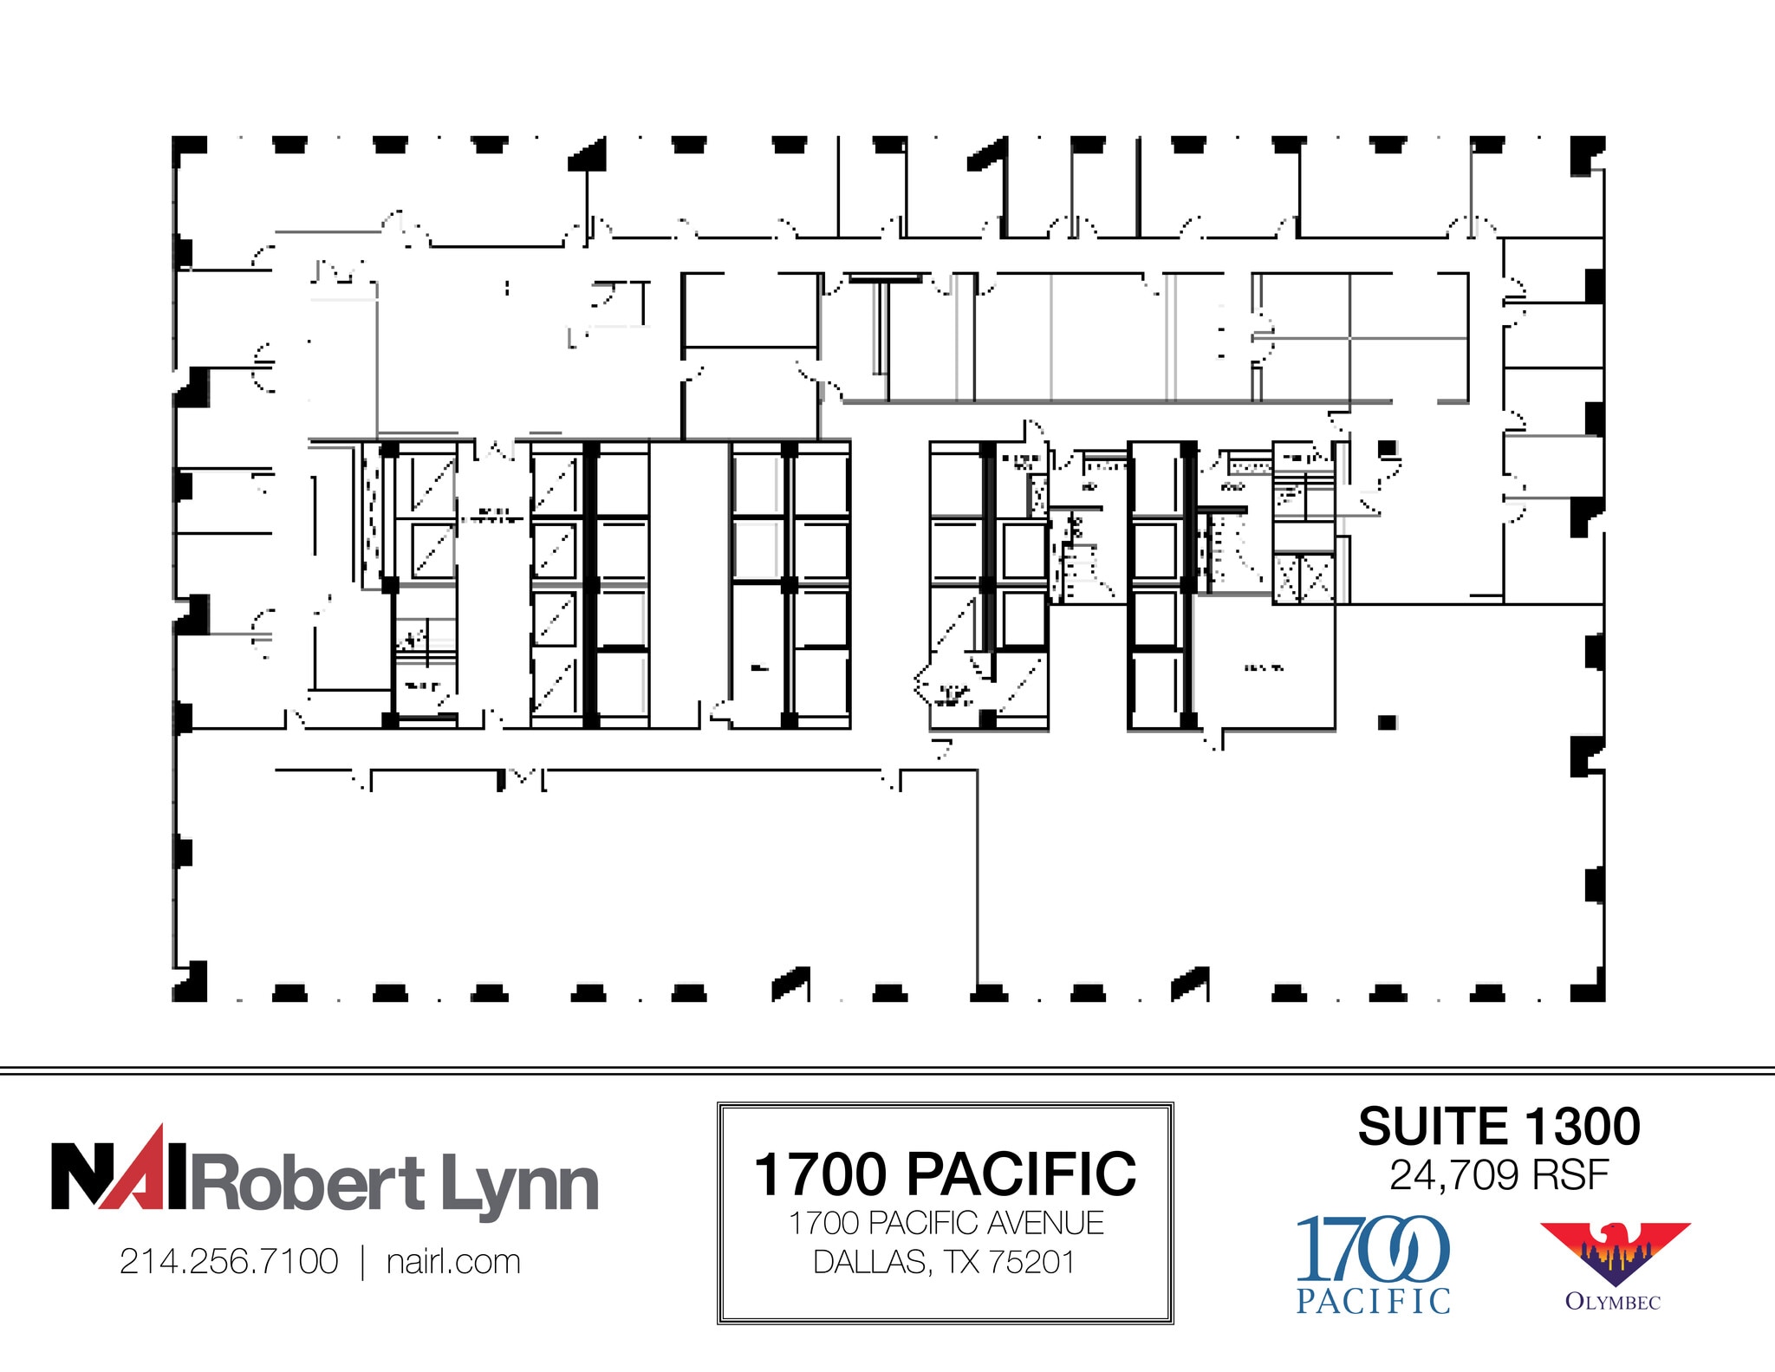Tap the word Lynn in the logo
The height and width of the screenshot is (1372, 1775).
(x=519, y=1184)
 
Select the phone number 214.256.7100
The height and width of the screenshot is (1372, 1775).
(x=229, y=1262)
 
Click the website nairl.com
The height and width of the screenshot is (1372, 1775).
(x=453, y=1262)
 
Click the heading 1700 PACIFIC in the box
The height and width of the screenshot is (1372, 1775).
(x=945, y=1174)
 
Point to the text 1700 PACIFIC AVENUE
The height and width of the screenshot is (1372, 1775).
(x=946, y=1223)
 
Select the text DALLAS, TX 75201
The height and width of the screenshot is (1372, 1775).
(x=944, y=1262)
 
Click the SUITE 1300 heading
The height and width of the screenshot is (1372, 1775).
(x=1499, y=1127)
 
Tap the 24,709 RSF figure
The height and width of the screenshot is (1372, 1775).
(x=1499, y=1175)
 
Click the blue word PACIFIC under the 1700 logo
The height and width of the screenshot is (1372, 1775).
(x=1373, y=1301)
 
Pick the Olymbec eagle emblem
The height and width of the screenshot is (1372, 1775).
(x=1614, y=1253)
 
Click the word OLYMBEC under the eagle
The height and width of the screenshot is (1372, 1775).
(x=1613, y=1302)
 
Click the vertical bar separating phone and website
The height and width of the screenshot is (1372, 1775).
(x=363, y=1262)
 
